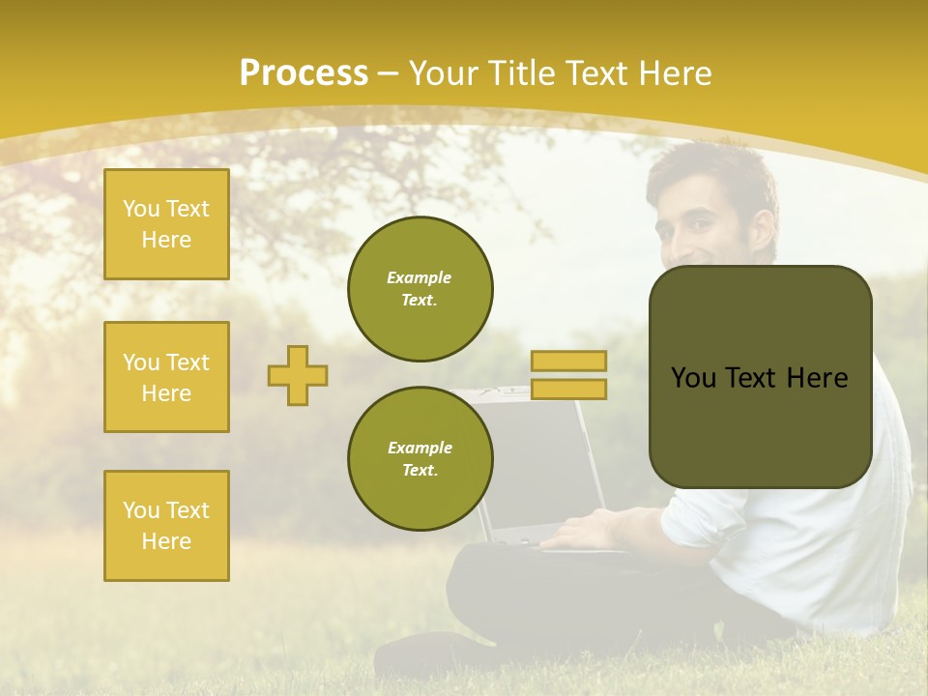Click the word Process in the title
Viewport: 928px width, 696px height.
[x=304, y=73]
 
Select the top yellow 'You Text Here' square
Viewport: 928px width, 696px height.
[x=166, y=224]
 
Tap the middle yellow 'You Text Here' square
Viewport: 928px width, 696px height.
[x=166, y=377]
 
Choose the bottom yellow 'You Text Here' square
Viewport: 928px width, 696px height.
[x=166, y=526]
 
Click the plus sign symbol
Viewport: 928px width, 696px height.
[x=298, y=375]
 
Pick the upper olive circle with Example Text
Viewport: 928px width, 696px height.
[x=420, y=289]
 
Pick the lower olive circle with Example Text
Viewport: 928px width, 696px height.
[x=420, y=459]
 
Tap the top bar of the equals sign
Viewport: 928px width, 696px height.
[x=568, y=362]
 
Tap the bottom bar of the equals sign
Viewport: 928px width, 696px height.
[x=568, y=389]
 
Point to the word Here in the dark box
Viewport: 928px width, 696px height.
[x=817, y=378]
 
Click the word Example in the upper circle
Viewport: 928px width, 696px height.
[x=420, y=277]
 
